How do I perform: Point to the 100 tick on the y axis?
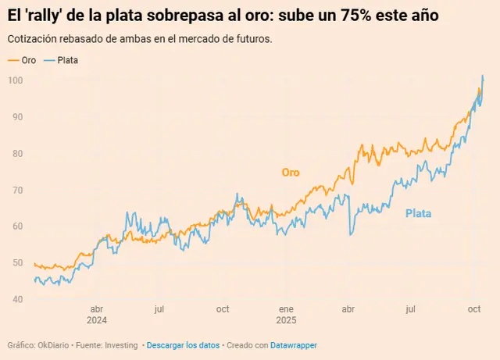pyautogui.click(x=16, y=80)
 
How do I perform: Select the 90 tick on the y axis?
pyautogui.click(x=16, y=116)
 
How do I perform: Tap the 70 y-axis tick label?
pyautogui.click(x=16, y=190)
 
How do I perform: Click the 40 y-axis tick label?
pyautogui.click(x=16, y=299)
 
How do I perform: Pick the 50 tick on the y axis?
pyautogui.click(x=16, y=263)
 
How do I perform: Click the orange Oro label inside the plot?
pyautogui.click(x=291, y=173)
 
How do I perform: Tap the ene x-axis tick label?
pyautogui.click(x=287, y=308)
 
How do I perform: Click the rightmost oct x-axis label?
pyautogui.click(x=475, y=308)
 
